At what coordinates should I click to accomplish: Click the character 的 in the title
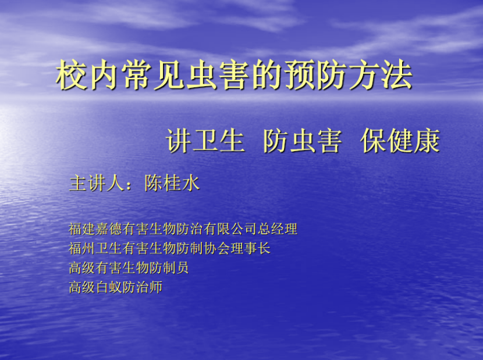(x=267, y=75)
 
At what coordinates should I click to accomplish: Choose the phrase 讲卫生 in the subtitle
(x=205, y=141)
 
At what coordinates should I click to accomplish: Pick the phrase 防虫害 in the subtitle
(x=303, y=141)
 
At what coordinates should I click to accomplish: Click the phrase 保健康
(x=400, y=141)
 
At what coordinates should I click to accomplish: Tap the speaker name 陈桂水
(x=172, y=183)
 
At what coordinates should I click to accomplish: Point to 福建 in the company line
(x=81, y=229)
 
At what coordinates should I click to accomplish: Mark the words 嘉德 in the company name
(x=108, y=229)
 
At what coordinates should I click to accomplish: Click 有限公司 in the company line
(x=230, y=229)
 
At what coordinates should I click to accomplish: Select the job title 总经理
(x=278, y=229)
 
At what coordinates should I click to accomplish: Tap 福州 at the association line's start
(x=81, y=248)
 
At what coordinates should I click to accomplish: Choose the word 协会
(x=217, y=248)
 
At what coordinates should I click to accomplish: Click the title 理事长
(x=250, y=248)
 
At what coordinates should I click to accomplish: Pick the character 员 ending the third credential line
(x=182, y=268)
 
